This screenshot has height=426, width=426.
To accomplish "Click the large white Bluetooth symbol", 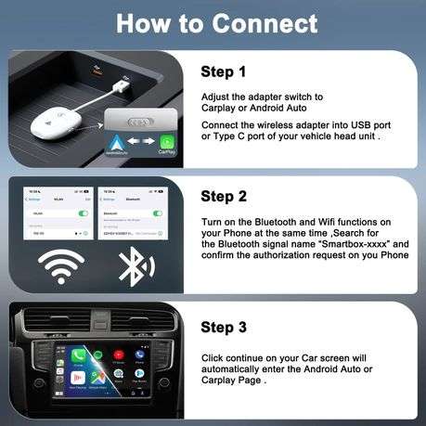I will coord(136,266).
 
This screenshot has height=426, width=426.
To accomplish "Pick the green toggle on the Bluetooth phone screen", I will coord(159,213).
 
